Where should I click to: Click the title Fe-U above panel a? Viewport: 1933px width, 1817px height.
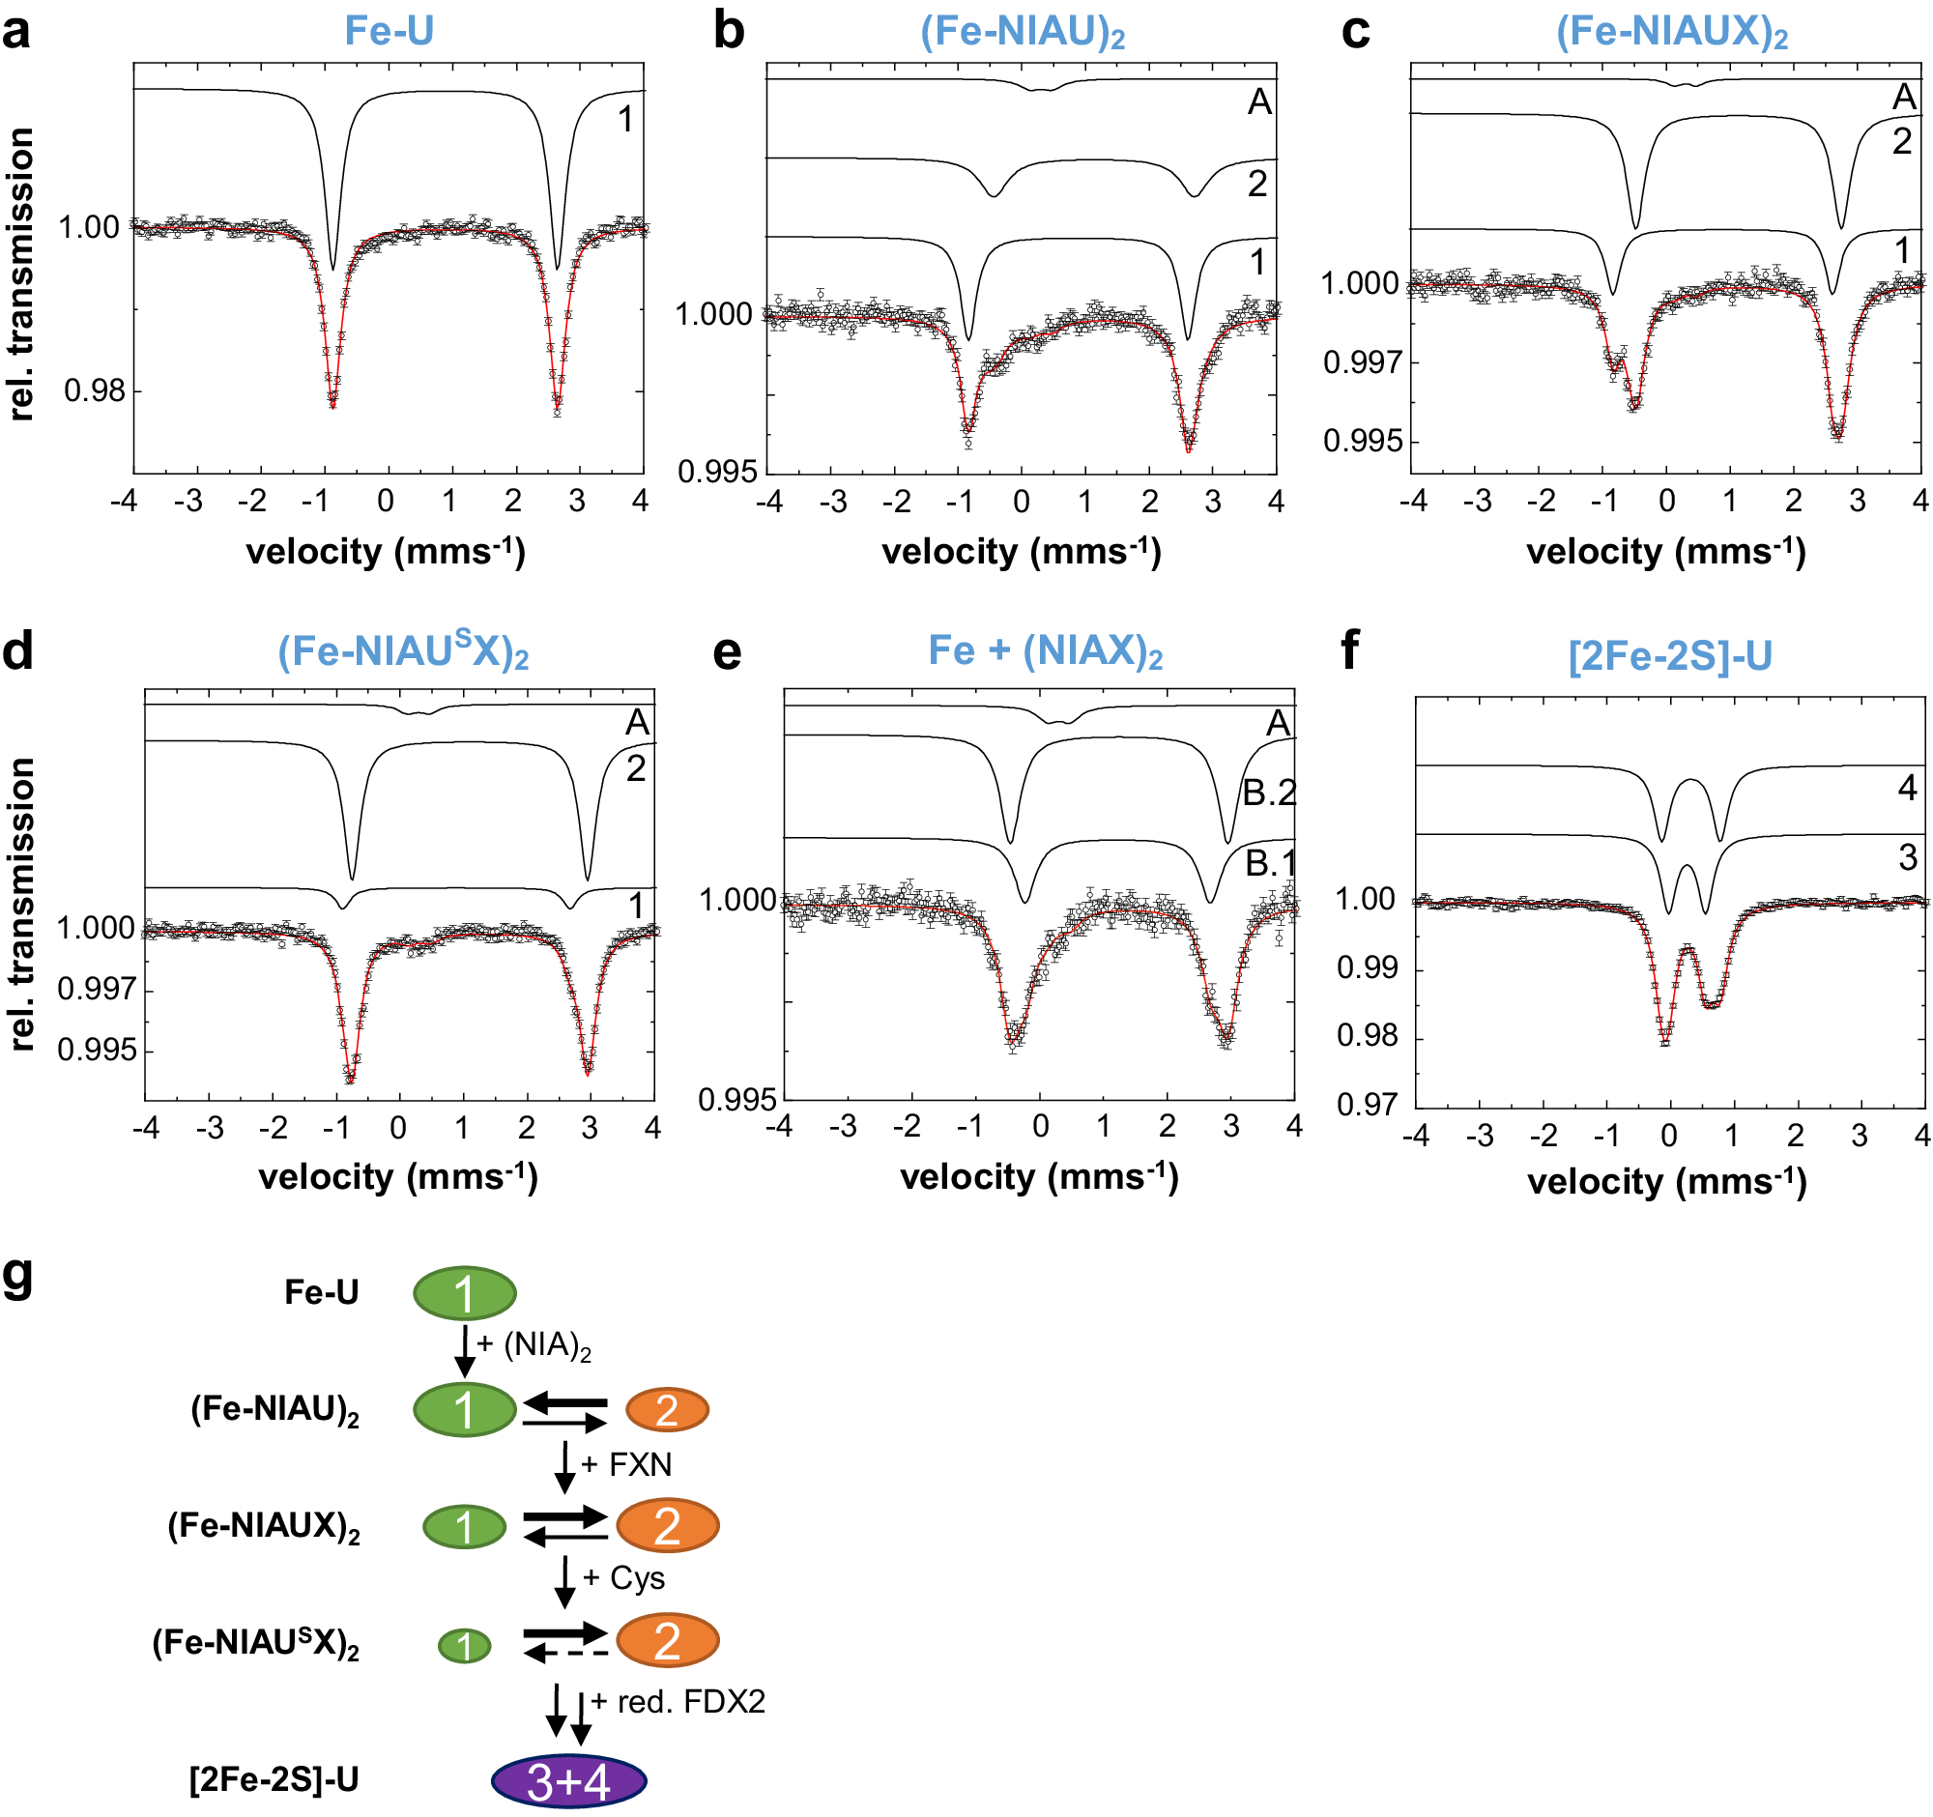389,31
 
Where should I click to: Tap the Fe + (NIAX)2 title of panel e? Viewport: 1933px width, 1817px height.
1045,651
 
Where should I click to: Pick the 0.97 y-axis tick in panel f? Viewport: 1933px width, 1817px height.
1366,1105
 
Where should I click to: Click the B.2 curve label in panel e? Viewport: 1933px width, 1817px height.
1270,794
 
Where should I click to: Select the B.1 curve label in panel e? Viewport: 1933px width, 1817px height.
1270,863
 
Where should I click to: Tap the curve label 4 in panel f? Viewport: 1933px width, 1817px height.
1907,789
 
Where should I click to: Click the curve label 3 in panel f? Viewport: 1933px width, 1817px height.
1907,858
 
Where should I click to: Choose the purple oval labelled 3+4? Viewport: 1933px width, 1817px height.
569,1782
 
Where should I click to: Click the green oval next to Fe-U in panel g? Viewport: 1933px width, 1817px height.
465,1293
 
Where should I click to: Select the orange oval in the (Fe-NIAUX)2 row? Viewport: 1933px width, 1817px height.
667,1525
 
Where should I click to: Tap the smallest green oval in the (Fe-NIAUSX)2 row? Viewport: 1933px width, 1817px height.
465,1646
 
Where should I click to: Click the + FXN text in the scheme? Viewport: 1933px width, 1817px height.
627,1464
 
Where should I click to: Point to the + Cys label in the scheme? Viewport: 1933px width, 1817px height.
624,1578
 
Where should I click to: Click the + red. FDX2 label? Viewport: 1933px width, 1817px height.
678,1701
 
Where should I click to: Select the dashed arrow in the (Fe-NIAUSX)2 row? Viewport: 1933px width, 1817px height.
566,1654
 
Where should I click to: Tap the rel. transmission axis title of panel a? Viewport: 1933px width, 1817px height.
21,274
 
